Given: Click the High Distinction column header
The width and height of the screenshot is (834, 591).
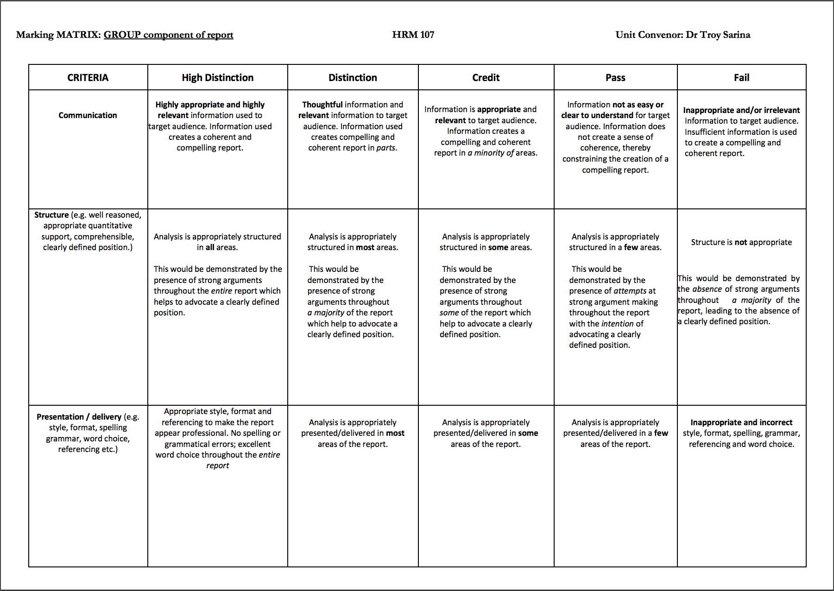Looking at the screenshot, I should coord(217,77).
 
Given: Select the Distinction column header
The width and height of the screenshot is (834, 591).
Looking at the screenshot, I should coord(353,77).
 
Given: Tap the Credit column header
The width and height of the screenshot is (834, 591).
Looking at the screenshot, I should coord(486,77).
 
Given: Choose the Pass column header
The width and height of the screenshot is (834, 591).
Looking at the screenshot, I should coord(615,77).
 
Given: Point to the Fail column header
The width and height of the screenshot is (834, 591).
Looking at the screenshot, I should coord(741,77).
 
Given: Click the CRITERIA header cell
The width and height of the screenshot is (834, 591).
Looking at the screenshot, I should coord(88,77).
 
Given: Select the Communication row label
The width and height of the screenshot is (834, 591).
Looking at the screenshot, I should coord(88,115).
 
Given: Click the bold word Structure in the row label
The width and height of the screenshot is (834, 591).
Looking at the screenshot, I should coord(51,215).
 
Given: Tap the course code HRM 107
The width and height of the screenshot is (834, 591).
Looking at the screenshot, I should coord(413,35).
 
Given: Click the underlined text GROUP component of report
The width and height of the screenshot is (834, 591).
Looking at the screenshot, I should coord(168,35).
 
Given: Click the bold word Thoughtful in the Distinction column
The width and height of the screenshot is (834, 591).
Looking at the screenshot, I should coord(322,105).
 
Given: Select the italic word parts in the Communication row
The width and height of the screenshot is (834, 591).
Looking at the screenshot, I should coord(385,148).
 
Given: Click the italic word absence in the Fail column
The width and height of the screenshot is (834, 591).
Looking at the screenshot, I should coord(707,289).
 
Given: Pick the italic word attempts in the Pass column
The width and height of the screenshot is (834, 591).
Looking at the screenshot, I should coord(630,291).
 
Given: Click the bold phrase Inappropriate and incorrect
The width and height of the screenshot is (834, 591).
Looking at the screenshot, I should coord(741,422).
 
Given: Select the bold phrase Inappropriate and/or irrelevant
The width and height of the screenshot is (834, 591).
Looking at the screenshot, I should coord(741,110).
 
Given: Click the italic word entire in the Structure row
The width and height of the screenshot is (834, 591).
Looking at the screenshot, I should coord(221,291).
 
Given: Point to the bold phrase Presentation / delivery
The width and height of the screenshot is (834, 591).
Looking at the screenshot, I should coord(79,417).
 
